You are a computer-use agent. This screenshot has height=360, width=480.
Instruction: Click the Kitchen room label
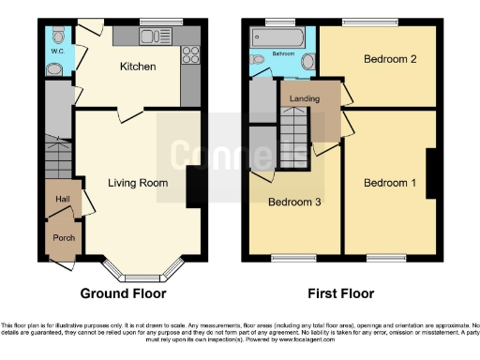click(137, 67)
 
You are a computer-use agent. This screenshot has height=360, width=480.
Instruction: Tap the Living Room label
click(138, 183)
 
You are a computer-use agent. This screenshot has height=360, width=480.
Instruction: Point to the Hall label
click(62, 200)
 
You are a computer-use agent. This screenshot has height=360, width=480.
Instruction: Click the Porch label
click(63, 238)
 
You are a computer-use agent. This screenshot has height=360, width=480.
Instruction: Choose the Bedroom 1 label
click(390, 182)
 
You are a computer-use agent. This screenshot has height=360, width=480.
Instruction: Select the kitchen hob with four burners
click(188, 52)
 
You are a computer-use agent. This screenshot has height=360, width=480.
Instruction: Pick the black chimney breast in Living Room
click(195, 186)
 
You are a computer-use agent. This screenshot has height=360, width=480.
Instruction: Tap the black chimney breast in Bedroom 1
click(432, 172)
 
